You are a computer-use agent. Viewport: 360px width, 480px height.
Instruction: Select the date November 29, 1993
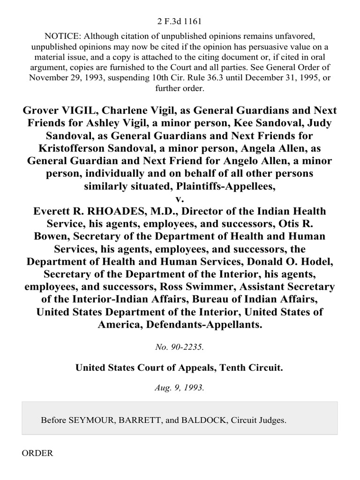59,78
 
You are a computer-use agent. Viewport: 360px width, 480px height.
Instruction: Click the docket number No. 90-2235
180,347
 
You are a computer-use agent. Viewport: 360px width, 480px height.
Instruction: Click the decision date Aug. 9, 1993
180,389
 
